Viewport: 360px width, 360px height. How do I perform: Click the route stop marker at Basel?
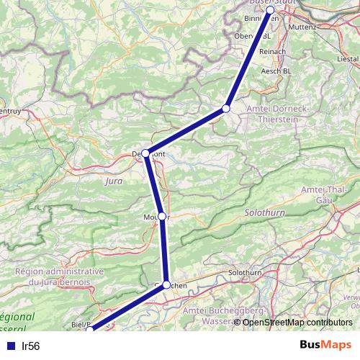tap(270, 10)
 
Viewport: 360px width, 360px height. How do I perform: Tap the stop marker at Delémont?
tap(145, 153)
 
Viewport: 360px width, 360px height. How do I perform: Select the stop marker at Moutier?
tap(162, 216)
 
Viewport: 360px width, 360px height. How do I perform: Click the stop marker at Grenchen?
tap(166, 285)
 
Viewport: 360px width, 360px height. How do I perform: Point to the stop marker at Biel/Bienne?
tap(89, 330)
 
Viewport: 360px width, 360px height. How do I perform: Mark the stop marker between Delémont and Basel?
tap(225, 108)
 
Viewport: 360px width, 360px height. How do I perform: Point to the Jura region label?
tap(113, 183)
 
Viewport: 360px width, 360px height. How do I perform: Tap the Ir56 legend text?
tap(31, 346)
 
